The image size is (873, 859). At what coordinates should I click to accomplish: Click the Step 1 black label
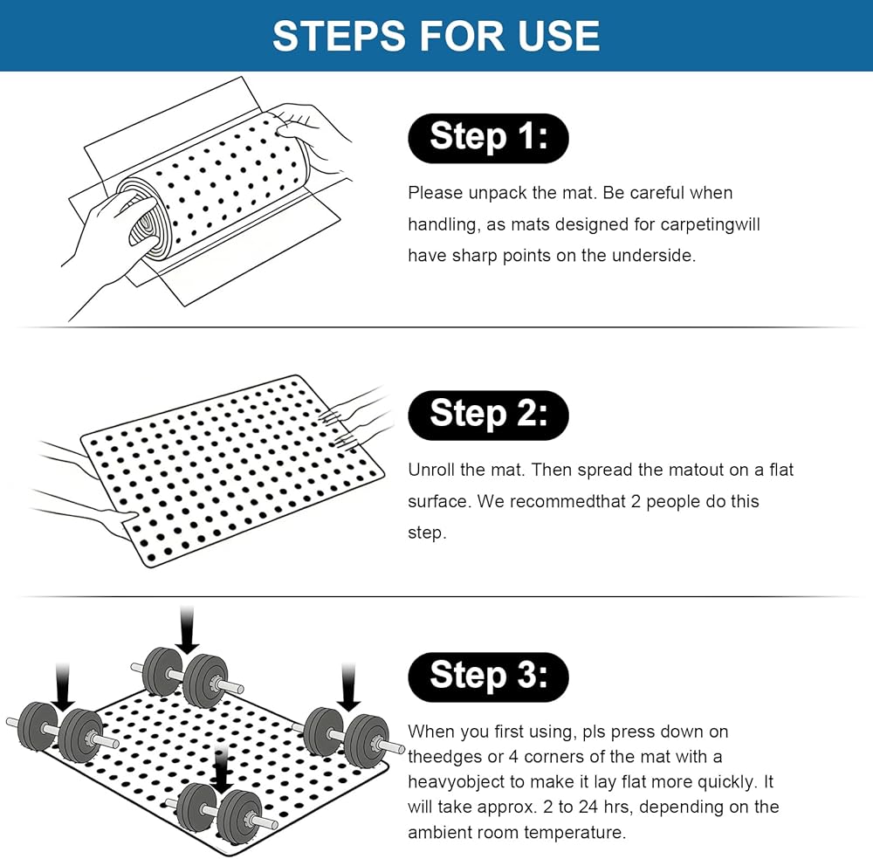[x=488, y=138]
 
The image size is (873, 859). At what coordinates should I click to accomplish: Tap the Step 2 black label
[x=488, y=416]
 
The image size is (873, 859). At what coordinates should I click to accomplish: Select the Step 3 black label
[x=488, y=677]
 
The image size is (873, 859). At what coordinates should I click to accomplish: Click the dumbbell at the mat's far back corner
[x=186, y=677]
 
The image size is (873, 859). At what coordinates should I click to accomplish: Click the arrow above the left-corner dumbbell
[x=63, y=687]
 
